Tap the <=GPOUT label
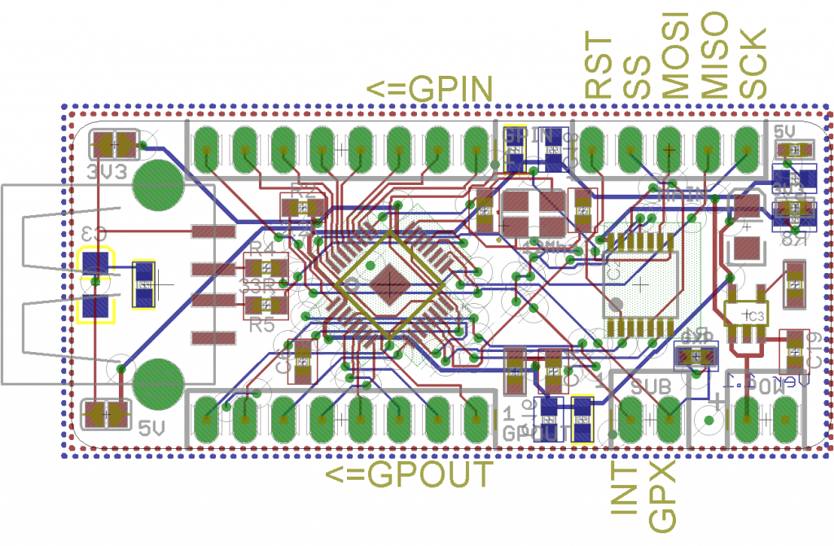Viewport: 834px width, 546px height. (x=410, y=473)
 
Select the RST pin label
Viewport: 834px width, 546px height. (x=599, y=67)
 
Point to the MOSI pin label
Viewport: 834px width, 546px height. (x=675, y=55)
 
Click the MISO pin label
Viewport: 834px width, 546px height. (x=714, y=55)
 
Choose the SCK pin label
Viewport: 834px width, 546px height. (x=753, y=64)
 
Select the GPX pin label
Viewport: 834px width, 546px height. (x=663, y=496)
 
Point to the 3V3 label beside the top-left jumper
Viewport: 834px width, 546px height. (x=106, y=172)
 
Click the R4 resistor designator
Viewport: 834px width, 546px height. (x=262, y=248)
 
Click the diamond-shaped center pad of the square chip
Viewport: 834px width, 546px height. (x=390, y=284)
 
